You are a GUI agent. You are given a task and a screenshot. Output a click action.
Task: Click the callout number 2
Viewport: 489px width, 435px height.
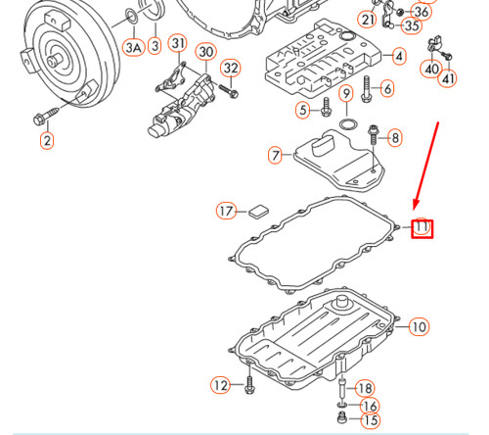[x=46, y=140]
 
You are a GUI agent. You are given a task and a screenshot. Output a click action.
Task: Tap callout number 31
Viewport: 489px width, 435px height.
[x=177, y=43]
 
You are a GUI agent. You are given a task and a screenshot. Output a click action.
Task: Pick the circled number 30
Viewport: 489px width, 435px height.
[x=205, y=51]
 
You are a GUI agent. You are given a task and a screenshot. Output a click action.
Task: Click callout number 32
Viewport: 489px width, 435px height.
[x=230, y=68]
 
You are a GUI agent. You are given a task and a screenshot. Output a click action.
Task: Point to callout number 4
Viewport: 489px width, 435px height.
[x=398, y=57]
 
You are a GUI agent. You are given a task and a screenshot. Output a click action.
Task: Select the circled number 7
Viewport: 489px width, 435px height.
[x=275, y=155]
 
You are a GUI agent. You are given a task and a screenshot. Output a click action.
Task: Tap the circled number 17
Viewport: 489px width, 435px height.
[x=226, y=210]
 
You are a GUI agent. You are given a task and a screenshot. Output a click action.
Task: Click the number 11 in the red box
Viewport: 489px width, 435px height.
[x=422, y=229]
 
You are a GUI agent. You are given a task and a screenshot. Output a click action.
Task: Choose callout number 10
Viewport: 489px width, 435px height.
[x=418, y=326]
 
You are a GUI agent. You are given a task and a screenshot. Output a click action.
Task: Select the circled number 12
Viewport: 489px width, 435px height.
[x=221, y=384]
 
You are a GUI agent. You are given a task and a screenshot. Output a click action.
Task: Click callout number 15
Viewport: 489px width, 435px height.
[x=370, y=420]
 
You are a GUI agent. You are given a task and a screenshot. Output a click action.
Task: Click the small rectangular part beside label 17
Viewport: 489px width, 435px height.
[x=258, y=209]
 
